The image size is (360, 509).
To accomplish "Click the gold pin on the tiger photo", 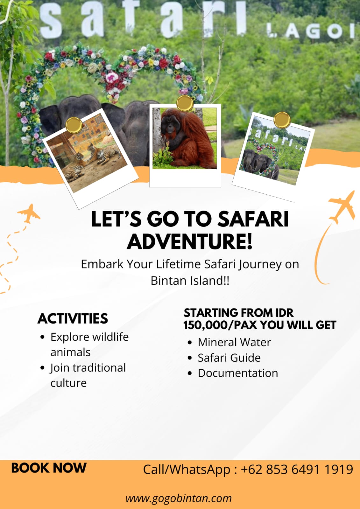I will click(x=74, y=125).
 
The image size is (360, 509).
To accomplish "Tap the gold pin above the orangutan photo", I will click(x=185, y=103).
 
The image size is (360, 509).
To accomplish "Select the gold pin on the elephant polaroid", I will click(x=282, y=120).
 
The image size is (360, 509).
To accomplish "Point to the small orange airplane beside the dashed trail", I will click(x=29, y=213).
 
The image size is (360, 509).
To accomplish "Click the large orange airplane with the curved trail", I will click(x=342, y=207).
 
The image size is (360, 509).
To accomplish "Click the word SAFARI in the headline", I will click(x=253, y=219).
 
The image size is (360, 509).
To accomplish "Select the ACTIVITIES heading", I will click(x=73, y=318).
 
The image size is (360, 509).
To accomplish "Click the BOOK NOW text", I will click(x=49, y=468).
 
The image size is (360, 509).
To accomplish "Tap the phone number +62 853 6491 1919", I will click(x=297, y=470).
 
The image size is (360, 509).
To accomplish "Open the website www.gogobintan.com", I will click(x=179, y=498).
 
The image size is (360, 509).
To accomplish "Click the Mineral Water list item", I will click(x=234, y=342).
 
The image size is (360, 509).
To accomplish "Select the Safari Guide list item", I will click(x=229, y=358).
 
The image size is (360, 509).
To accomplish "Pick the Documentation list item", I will click(x=238, y=373).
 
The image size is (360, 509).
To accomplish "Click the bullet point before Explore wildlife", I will click(x=42, y=337).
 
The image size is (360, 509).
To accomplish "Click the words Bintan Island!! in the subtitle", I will click(x=190, y=281).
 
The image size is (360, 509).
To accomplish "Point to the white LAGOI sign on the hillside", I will click(x=310, y=31).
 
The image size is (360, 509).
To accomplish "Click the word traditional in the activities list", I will click(x=99, y=368).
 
